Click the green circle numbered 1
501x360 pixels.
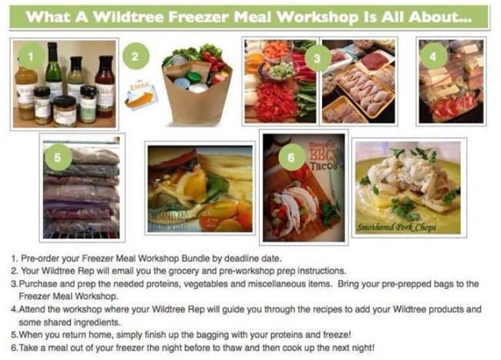pyautogui.click(x=29, y=56)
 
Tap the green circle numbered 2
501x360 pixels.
pyautogui.click(x=135, y=56)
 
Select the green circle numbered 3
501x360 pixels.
pyautogui.click(x=312, y=58)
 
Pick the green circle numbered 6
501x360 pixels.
pyautogui.click(x=291, y=157)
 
